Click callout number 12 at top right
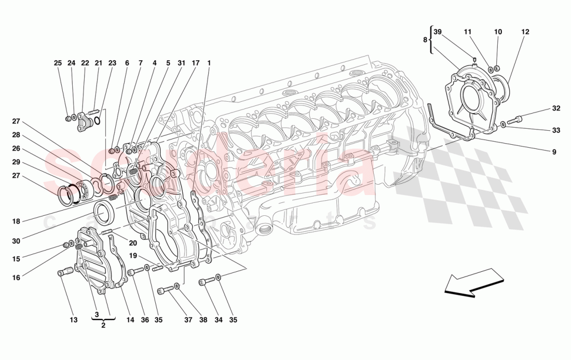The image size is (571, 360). click(x=525, y=32)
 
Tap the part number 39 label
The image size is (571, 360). click(x=438, y=32)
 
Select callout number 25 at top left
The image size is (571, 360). click(x=58, y=63)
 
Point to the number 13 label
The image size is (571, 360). click(x=74, y=320)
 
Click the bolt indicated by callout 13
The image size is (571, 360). click(x=65, y=272)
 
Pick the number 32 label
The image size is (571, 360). click(x=556, y=108)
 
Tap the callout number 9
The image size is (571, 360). click(x=554, y=152)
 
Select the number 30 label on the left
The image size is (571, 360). click(x=16, y=241)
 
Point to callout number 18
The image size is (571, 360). click(x=16, y=221)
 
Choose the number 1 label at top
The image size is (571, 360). click(x=209, y=63)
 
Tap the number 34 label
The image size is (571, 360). click(x=219, y=320)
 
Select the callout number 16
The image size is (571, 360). click(x=16, y=278)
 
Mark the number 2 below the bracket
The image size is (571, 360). click(x=103, y=325)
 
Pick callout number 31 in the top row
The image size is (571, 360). click(x=181, y=63)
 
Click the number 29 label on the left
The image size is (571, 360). click(x=16, y=162)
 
